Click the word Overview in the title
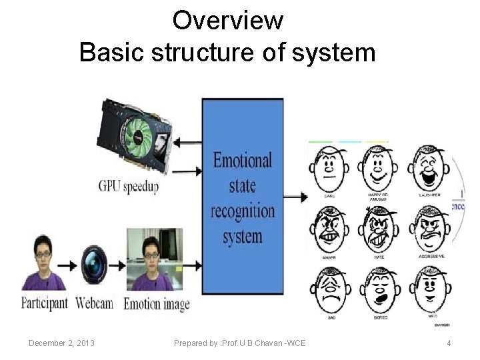tap(227, 21)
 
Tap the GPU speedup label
tap(129, 186)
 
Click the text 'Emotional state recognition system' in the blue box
tap(243, 199)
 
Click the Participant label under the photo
tap(45, 303)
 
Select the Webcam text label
tap(94, 303)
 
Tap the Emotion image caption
tap(157, 304)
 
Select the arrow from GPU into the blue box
tap(188, 171)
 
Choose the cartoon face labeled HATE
tap(378, 228)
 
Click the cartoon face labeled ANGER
tap(329, 228)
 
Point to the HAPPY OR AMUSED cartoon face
tap(378, 168)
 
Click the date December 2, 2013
tap(61, 343)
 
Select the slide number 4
tap(449, 343)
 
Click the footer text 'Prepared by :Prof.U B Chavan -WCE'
tap(240, 343)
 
